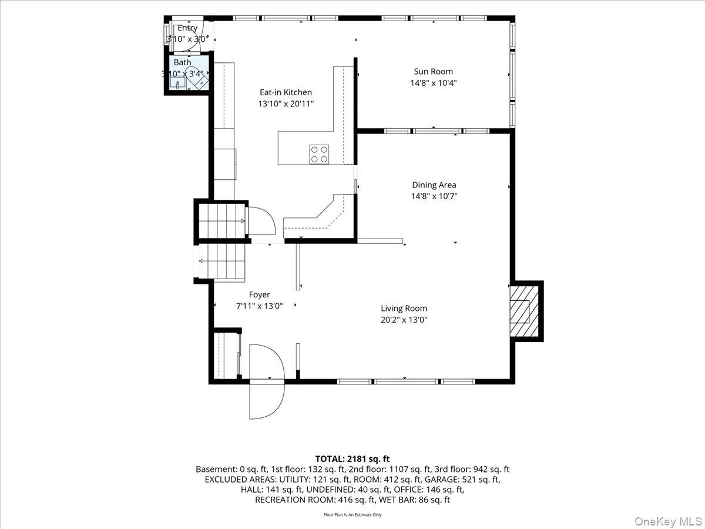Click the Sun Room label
(x=433, y=71)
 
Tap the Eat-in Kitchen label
(x=286, y=92)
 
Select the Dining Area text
(x=434, y=185)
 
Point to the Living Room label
(x=404, y=309)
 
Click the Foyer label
(x=259, y=294)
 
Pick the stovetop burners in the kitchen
(x=319, y=155)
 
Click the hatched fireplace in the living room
(x=524, y=312)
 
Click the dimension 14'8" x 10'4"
(x=433, y=83)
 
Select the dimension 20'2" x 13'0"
(x=404, y=320)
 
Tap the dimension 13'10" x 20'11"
(x=286, y=104)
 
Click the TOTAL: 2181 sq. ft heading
(x=352, y=458)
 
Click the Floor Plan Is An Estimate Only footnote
(x=352, y=514)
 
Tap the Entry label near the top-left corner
(x=187, y=28)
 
